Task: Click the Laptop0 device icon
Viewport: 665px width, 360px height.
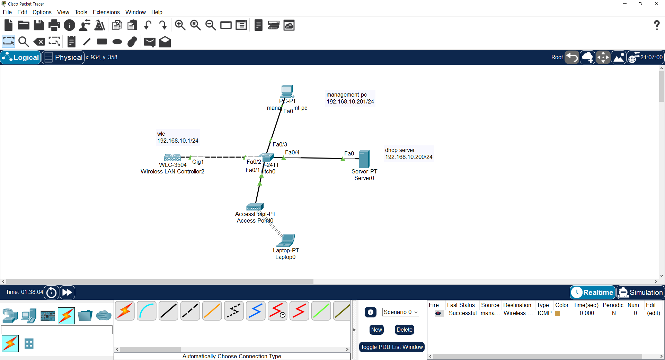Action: tap(287, 240)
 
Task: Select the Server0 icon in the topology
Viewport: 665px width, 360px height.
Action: tap(364, 159)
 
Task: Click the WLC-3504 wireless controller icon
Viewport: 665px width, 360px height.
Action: tap(172, 157)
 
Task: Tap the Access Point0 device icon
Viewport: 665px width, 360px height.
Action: tap(255, 207)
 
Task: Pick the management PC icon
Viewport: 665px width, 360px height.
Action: tap(287, 91)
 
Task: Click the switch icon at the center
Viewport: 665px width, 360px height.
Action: tap(266, 157)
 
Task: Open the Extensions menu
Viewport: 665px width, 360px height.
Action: tap(106, 12)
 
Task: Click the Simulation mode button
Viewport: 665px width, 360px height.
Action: tap(640, 292)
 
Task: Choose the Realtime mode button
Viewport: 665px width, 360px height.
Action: tap(593, 292)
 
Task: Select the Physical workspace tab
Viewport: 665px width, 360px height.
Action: tap(63, 57)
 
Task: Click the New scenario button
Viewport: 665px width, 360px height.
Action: tap(376, 330)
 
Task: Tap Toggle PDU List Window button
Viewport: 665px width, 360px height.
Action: tap(392, 347)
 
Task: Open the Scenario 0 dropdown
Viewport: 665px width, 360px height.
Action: tap(400, 312)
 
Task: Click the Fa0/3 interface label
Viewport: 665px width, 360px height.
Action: tap(280, 144)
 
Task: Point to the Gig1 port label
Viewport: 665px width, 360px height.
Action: tap(198, 162)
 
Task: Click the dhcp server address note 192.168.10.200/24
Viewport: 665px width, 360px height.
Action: tap(409, 157)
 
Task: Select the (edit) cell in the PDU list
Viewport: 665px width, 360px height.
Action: tap(653, 313)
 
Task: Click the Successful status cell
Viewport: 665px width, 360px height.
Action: tap(462, 313)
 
